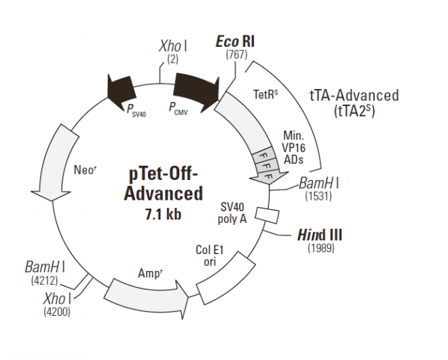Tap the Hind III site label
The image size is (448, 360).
[x=320, y=234]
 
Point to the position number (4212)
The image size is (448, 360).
[x=45, y=278]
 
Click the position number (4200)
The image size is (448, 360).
[x=55, y=312]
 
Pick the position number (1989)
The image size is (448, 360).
[x=320, y=248]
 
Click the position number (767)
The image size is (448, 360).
[x=235, y=55]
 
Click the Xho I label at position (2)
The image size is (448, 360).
[x=173, y=46]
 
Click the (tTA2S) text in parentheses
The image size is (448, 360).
[x=354, y=109]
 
